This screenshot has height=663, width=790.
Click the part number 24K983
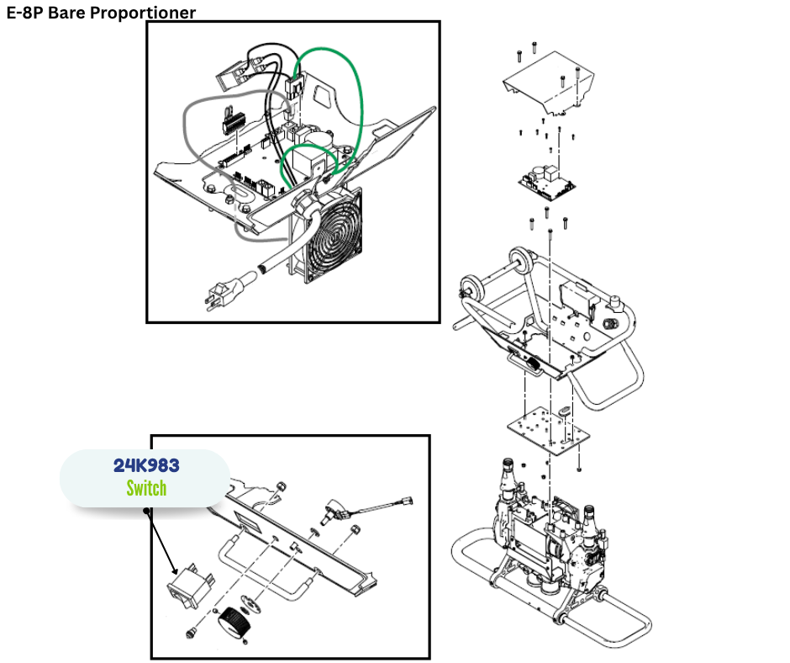[x=146, y=464]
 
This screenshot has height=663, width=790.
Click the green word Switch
[x=146, y=488]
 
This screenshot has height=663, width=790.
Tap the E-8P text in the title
[x=26, y=13]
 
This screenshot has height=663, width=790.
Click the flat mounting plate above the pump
[x=545, y=429]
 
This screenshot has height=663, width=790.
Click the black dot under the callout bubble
[x=148, y=510]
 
